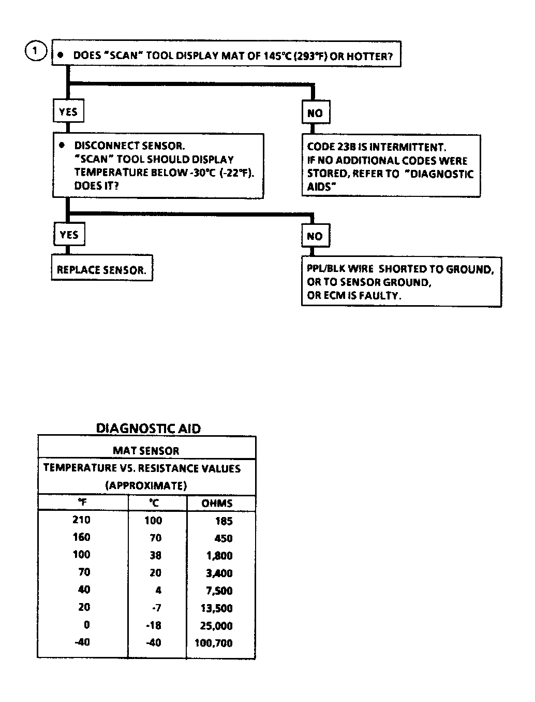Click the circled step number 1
click(x=36, y=52)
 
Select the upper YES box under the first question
click(x=68, y=112)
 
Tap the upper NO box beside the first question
click(x=315, y=112)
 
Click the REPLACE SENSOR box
click(x=101, y=270)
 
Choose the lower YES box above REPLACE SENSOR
click(x=69, y=235)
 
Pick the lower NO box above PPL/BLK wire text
click(x=315, y=236)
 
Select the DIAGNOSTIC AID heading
click(x=148, y=428)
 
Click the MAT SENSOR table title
click(x=146, y=451)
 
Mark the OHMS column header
click(x=217, y=503)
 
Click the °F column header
click(x=82, y=503)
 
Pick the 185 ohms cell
click(x=224, y=521)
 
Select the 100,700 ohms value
click(x=214, y=643)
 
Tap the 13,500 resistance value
click(x=217, y=608)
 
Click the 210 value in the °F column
click(x=82, y=520)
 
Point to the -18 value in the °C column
click(x=154, y=625)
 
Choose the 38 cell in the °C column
click(x=155, y=555)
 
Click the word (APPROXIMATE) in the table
click(x=146, y=485)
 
